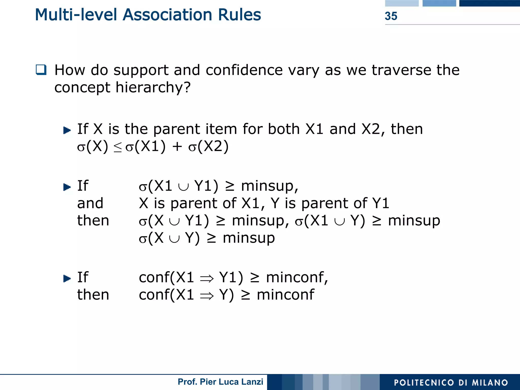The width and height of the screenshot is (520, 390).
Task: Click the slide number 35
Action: tap(391, 16)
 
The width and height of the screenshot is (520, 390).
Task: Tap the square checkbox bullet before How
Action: tap(41, 70)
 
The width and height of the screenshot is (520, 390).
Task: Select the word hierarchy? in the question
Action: tap(153, 87)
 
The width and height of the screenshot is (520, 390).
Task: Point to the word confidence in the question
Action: tap(244, 70)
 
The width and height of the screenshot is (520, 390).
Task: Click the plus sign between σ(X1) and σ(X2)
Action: tap(177, 147)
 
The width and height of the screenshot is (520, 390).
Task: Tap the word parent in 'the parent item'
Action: tap(177, 129)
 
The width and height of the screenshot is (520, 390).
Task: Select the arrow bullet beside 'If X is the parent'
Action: tap(67, 130)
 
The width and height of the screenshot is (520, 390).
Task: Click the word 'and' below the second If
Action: tap(90, 203)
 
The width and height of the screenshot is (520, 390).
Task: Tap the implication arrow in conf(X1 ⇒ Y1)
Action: tap(207, 279)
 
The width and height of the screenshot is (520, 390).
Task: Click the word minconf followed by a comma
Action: tap(297, 277)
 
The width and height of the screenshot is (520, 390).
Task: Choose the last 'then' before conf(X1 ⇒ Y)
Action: tap(93, 295)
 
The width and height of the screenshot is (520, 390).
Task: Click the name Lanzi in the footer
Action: tap(252, 382)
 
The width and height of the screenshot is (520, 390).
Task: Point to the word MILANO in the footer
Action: tap(490, 383)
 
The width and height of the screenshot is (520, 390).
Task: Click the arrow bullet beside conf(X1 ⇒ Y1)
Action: tap(67, 279)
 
